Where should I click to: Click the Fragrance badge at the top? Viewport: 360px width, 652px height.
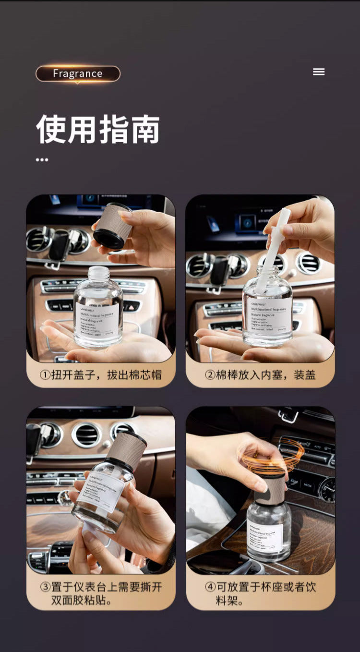[78, 73]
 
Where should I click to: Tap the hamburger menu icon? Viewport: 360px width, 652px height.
[319, 72]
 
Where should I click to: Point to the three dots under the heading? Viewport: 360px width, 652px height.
[42, 159]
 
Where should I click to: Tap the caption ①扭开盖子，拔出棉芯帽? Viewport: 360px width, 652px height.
[100, 374]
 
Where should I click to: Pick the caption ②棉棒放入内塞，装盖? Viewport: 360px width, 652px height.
[260, 374]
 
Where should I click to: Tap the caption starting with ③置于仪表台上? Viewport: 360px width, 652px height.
[100, 593]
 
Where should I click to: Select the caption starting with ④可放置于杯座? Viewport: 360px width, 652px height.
[260, 593]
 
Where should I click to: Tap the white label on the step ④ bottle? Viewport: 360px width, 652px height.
[264, 537]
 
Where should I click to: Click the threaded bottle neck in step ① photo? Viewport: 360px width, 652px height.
[98, 274]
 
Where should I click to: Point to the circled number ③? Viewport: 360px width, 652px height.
[45, 587]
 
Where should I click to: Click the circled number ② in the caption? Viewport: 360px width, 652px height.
[210, 375]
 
